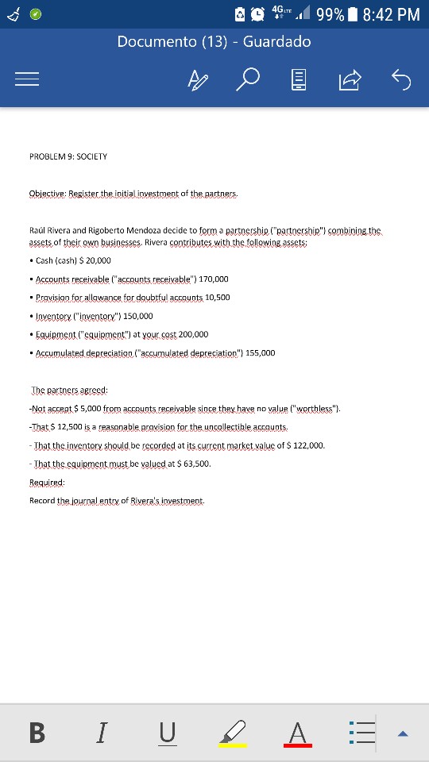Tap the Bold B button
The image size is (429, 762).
(x=37, y=732)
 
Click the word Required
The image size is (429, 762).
(x=47, y=482)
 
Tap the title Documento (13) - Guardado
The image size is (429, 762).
(x=214, y=41)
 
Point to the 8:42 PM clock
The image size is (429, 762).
(x=390, y=13)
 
